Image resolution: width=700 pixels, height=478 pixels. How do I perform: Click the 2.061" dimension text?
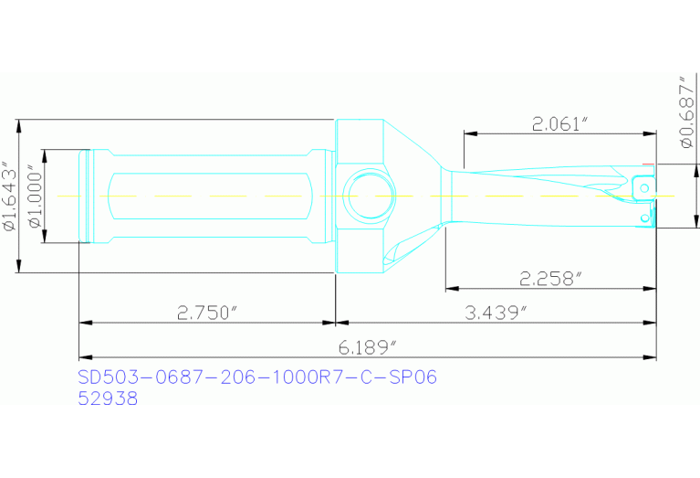[x=559, y=123]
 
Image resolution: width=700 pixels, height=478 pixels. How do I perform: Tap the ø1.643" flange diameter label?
[x=9, y=197]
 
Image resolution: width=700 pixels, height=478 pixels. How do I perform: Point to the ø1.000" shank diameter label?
[x=34, y=197]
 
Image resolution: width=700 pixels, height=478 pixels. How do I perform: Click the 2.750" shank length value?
[x=207, y=313]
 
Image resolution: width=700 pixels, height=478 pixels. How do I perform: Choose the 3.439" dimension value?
[x=497, y=313]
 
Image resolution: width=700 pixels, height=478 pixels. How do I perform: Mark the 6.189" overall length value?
[x=367, y=347]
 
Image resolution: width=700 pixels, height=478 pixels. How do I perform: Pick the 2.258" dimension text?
[x=550, y=278]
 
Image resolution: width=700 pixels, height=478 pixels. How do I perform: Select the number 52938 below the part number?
[x=108, y=398]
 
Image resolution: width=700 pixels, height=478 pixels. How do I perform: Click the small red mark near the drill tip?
[x=648, y=165]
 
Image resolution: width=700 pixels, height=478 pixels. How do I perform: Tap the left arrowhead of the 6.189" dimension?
[x=85, y=356]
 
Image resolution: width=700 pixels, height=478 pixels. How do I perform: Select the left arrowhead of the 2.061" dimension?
[x=469, y=133]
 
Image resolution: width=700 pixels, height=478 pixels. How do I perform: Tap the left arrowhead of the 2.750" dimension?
[x=85, y=323]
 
